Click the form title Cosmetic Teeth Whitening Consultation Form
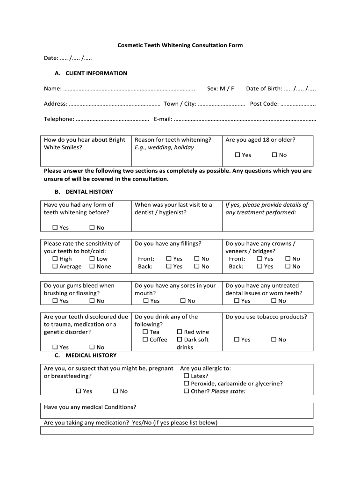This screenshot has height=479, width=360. tap(180, 45)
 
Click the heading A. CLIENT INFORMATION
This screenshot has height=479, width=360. tap(90, 73)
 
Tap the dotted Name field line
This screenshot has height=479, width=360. tap(129, 89)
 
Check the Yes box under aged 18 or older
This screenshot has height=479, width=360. tap(238, 155)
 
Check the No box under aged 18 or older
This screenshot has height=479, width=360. tap(274, 155)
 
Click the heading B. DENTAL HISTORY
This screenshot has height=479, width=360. tap(84, 192)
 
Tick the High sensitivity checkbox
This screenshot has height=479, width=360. tap(55, 259)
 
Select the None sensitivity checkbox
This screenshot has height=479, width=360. tap(92, 267)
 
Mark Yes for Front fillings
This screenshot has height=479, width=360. tap(169, 259)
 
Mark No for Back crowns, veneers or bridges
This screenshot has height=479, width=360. tap(288, 267)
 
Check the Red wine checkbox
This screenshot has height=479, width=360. tap(180, 332)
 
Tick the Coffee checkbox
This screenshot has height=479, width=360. tap(145, 340)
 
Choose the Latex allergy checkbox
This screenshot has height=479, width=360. tap(187, 376)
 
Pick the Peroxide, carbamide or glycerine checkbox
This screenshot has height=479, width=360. tap(187, 384)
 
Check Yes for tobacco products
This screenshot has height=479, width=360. tap(237, 340)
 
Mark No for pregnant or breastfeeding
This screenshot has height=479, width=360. tap(115, 392)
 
